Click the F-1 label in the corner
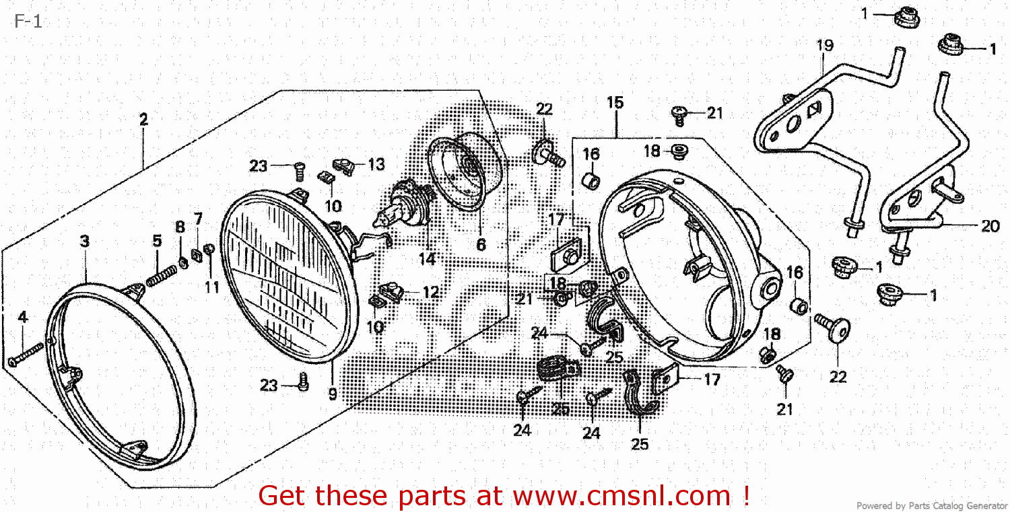[28, 21]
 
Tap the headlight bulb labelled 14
[403, 203]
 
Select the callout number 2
[143, 120]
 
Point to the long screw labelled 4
[26, 355]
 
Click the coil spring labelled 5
[162, 276]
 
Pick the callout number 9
[333, 394]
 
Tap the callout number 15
[615, 103]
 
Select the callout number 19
[825, 45]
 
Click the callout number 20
[990, 226]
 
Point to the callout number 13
[376, 165]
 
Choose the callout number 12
[431, 292]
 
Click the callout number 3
[85, 241]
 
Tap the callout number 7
[198, 219]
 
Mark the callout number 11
[212, 287]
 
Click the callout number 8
[180, 227]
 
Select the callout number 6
[481, 245]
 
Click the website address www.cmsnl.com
[621, 495]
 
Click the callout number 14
[427, 259]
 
